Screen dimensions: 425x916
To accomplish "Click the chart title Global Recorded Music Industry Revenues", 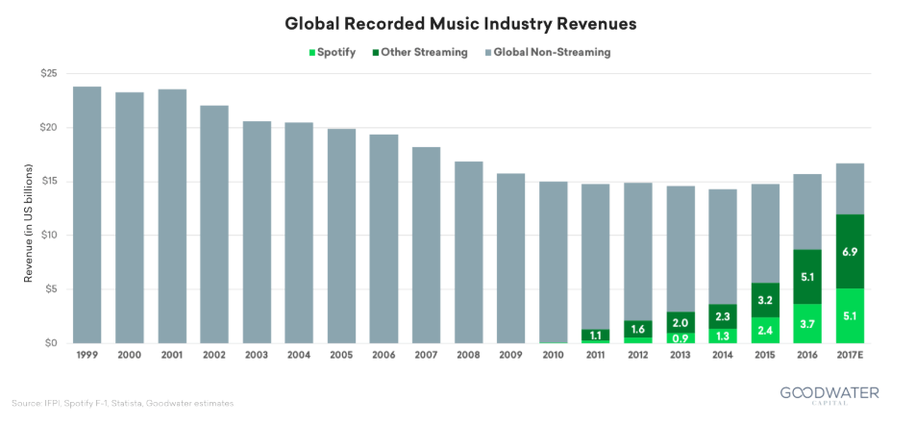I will [x=458, y=20].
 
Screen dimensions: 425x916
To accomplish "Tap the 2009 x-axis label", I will [x=511, y=357].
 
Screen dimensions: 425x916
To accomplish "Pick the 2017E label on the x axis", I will [x=851, y=357].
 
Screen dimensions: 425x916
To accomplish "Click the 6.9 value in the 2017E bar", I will [x=851, y=251].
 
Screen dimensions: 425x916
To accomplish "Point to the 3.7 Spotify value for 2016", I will [x=808, y=324].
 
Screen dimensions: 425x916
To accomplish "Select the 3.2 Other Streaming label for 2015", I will [x=766, y=300].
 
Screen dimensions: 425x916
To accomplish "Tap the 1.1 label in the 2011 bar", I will [x=596, y=335].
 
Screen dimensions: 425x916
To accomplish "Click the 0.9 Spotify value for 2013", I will [x=681, y=337].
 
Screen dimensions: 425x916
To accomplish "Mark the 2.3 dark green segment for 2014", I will [x=724, y=316].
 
